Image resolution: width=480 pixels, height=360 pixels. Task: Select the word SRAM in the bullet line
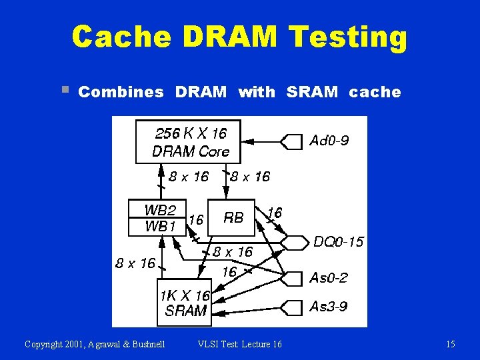[313, 93]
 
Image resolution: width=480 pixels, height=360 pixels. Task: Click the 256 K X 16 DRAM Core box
[188, 142]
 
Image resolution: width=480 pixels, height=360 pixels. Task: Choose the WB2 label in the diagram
[160, 210]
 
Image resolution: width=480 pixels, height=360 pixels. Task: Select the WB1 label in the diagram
[160, 227]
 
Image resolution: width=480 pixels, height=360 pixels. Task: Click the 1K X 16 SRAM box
[183, 303]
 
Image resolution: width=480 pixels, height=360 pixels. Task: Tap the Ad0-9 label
[329, 141]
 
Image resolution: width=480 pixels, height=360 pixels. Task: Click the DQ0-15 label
[339, 242]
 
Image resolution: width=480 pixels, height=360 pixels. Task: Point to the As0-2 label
[329, 277]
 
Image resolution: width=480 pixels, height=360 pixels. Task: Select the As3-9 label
[329, 307]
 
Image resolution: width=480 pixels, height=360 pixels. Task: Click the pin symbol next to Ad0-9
[291, 141]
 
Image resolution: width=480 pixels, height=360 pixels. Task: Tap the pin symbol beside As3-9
[291, 307]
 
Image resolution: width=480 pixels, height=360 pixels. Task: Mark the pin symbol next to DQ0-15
[294, 242]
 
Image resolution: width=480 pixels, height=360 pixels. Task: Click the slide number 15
[451, 344]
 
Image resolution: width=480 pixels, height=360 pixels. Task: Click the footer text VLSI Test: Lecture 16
[240, 344]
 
